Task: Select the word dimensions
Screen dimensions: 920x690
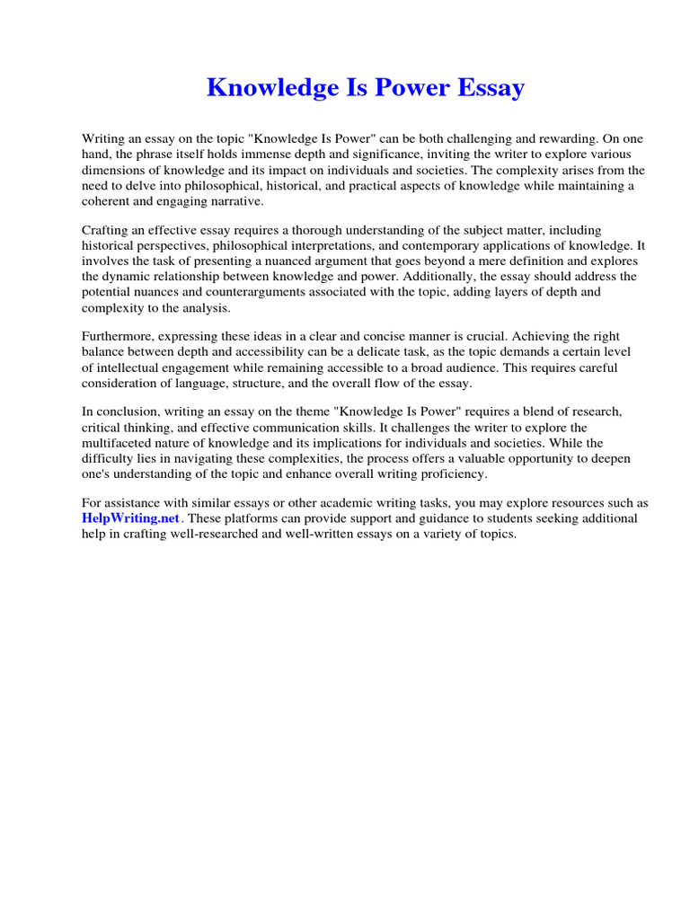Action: tap(115, 170)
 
